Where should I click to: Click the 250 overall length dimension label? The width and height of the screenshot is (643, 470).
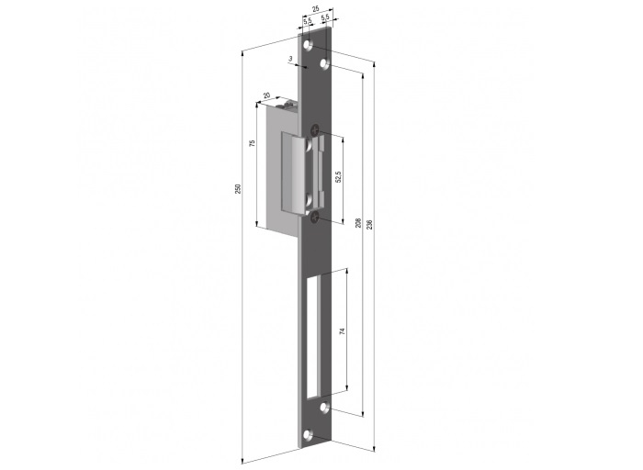click(x=238, y=188)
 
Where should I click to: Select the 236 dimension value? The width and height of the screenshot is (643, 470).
click(x=369, y=224)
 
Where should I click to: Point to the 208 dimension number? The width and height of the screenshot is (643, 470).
click(x=358, y=222)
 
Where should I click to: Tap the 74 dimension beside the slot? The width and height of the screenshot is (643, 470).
click(x=343, y=330)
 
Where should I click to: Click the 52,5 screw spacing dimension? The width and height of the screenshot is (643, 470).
click(x=338, y=176)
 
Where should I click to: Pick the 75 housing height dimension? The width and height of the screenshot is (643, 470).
click(x=253, y=143)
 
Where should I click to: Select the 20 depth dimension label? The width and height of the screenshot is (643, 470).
click(x=266, y=95)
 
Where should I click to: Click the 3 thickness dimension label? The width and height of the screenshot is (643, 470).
click(x=290, y=59)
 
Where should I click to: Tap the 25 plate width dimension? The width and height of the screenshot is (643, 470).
click(x=316, y=8)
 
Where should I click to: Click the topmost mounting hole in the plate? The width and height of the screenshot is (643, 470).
click(x=308, y=44)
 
